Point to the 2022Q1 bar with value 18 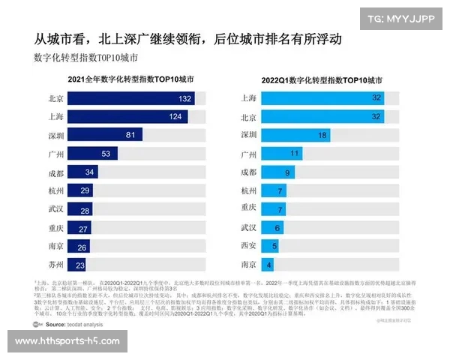[296, 135]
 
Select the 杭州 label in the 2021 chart [54, 190]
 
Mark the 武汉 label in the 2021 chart [54, 209]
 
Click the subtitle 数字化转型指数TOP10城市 [85, 57]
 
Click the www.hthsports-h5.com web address [67, 341]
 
